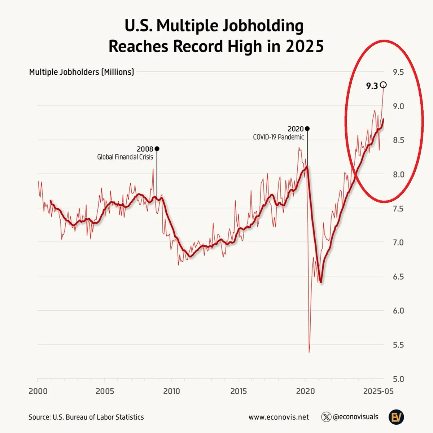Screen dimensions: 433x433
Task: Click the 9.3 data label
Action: tap(372, 86)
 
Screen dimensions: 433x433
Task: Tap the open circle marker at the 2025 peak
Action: tap(383, 84)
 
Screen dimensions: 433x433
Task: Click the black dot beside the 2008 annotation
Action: tap(157, 149)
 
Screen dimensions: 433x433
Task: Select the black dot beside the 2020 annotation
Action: tap(307, 128)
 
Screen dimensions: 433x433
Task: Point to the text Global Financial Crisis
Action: tap(125, 157)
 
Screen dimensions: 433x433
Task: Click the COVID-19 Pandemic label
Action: tap(278, 137)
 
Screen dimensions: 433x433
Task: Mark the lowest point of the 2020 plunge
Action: tap(309, 352)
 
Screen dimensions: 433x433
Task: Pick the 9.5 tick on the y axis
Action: tap(398, 72)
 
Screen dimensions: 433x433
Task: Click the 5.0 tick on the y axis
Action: tap(398, 379)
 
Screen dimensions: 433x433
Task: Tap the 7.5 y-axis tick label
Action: tap(398, 209)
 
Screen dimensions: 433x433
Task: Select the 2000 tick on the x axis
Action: tap(38, 391)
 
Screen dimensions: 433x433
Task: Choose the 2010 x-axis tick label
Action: tap(171, 391)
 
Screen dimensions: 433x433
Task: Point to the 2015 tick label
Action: tap(238, 391)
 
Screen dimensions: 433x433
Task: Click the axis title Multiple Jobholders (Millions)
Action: tap(82, 72)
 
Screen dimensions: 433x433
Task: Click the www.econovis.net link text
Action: tap(279, 417)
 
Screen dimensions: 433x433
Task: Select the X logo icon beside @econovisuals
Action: tap(326, 417)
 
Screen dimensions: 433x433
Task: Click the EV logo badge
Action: tap(396, 417)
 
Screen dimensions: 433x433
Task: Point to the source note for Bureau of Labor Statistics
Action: tap(86, 417)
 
